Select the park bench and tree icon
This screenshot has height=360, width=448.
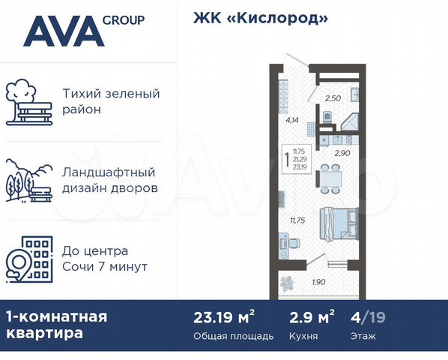pos(29,103)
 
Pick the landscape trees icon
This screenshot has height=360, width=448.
pos(29,181)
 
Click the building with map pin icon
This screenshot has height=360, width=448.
pos(29,259)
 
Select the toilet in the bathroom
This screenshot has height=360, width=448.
pos(327,117)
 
